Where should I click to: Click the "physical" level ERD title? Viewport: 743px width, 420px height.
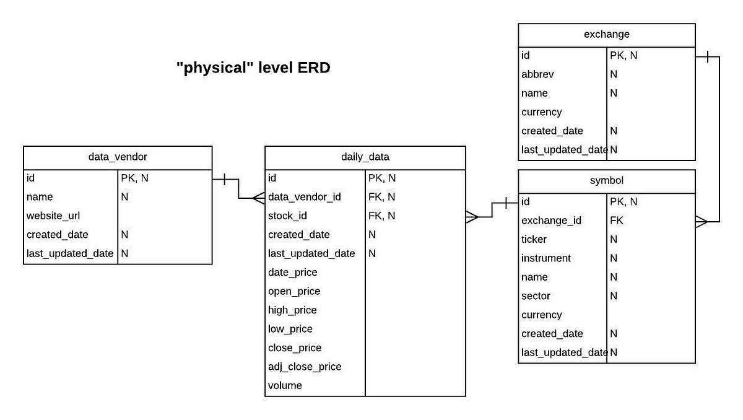click(x=253, y=68)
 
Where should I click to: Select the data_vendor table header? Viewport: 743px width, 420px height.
click(x=118, y=157)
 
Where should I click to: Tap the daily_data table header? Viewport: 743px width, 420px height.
click(x=365, y=157)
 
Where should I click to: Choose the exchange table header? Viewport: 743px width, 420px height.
click(x=606, y=34)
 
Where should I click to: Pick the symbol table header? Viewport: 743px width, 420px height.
click(x=606, y=180)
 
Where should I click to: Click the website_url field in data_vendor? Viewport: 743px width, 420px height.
click(x=53, y=216)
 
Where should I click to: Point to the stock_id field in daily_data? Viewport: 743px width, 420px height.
click(x=287, y=216)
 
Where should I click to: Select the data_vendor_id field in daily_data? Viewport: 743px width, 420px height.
click(x=304, y=197)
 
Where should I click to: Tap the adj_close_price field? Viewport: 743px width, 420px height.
click(x=304, y=367)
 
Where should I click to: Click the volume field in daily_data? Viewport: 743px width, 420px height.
click(x=285, y=385)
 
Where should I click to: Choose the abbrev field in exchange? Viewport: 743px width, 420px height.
click(x=537, y=74)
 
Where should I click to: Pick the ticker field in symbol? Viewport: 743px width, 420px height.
click(x=534, y=239)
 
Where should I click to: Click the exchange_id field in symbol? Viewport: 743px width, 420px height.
click(x=551, y=221)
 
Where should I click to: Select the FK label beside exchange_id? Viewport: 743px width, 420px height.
click(x=616, y=221)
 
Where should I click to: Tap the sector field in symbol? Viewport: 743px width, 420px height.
click(x=536, y=296)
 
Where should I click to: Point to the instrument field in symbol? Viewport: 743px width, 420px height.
click(x=546, y=258)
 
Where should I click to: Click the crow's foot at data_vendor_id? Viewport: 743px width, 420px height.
click(x=259, y=198)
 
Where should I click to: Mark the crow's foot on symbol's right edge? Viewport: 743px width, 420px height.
click(x=701, y=221)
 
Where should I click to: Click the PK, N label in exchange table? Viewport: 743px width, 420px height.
click(x=624, y=55)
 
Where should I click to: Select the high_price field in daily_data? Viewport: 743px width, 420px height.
click(x=292, y=310)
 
